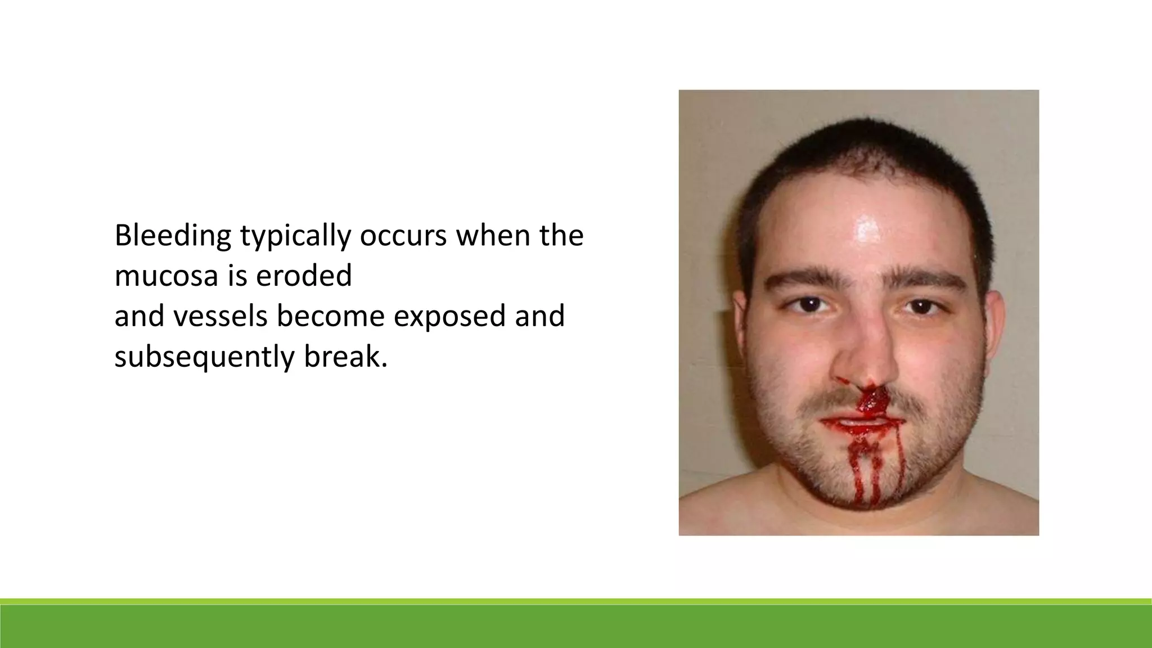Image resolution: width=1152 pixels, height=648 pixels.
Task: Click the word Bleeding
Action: point(172,236)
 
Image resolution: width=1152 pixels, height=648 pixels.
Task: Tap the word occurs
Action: point(403,236)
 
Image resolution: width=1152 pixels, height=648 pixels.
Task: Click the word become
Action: point(330,316)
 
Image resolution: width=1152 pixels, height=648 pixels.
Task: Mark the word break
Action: point(345,357)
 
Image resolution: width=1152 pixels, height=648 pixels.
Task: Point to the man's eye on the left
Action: point(808,305)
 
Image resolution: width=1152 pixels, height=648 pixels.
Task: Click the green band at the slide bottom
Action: point(576,625)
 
